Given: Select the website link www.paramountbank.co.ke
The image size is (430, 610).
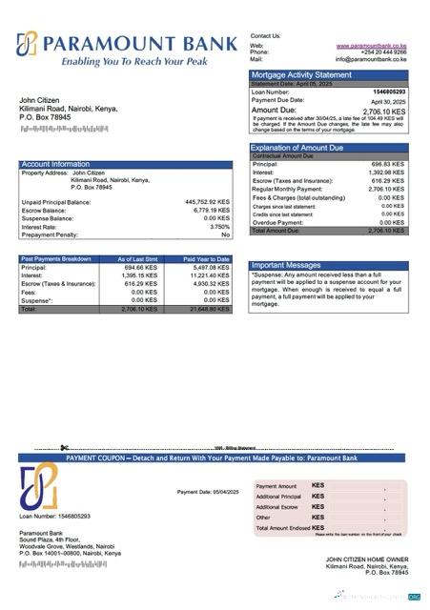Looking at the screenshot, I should (372, 45).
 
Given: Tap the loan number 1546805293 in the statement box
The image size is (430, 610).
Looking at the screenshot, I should (387, 91).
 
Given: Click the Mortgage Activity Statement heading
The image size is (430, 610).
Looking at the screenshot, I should (301, 74).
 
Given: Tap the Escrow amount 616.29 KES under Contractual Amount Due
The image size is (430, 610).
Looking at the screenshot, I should (388, 181).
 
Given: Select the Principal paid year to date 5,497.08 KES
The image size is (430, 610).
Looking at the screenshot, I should (210, 268).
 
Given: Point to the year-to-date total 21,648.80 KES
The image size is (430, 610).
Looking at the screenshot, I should (209, 309).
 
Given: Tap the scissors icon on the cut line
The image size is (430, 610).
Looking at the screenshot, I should (62, 448).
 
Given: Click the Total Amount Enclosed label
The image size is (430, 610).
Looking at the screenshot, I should (283, 527).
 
